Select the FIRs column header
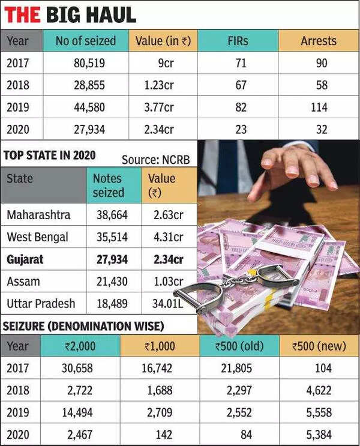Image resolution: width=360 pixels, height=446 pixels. coord(238,41)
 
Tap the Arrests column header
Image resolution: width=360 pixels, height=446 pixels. coord(319,41)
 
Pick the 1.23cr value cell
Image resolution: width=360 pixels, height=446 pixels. coord(160,85)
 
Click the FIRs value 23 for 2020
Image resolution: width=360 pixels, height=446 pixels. coord(240,128)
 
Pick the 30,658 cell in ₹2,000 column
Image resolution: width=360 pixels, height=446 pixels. coord(80,368)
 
